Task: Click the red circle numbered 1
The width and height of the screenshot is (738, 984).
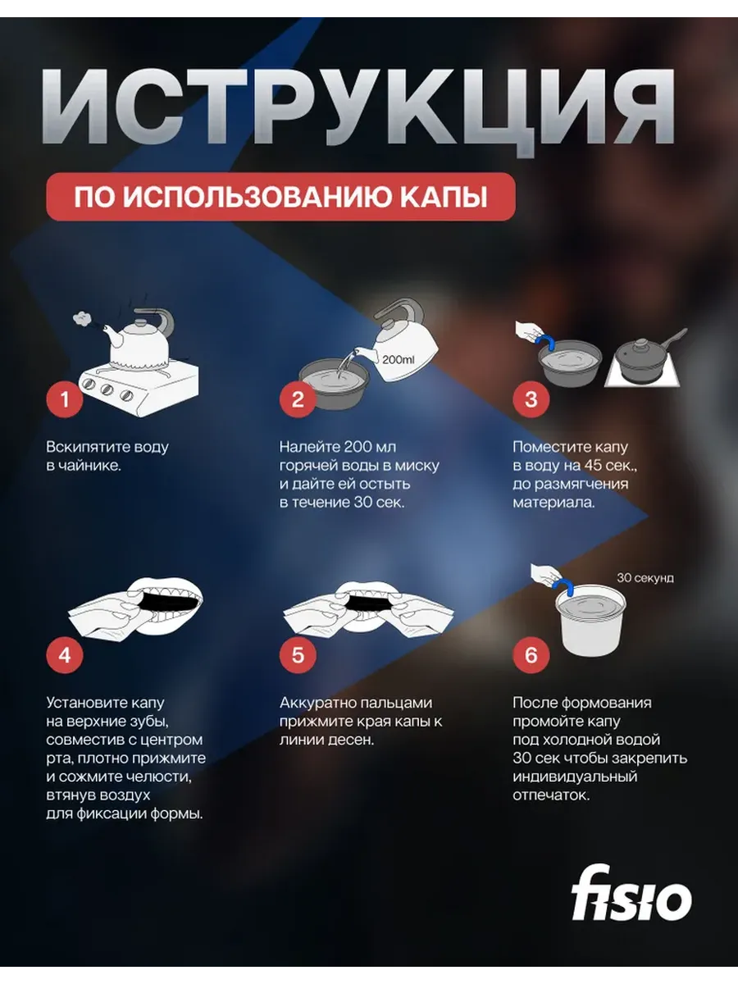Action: click(65, 399)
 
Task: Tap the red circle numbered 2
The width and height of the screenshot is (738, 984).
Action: click(298, 399)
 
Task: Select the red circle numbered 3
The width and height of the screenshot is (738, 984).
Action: click(531, 399)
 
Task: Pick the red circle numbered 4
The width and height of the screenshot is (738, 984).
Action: click(65, 655)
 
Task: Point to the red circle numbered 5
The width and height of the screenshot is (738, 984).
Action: click(298, 655)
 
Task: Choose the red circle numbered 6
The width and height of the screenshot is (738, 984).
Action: click(531, 655)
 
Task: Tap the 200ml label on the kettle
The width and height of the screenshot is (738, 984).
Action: click(399, 359)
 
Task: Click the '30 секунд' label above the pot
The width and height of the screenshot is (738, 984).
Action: click(645, 578)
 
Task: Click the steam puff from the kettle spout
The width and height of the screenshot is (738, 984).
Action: click(82, 318)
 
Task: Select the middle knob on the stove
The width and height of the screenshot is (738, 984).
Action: click(107, 389)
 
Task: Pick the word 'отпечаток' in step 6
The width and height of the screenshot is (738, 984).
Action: click(552, 795)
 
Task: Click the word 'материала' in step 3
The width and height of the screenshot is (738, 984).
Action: click(553, 503)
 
